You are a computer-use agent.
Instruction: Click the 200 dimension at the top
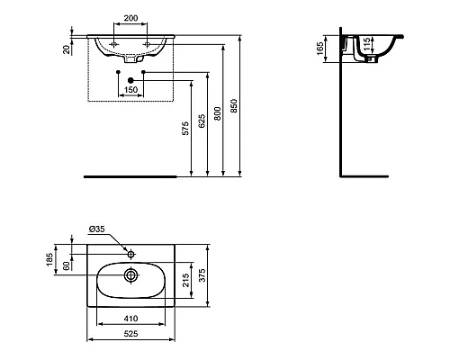click(131, 18)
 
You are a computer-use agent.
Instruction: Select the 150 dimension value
click(130, 89)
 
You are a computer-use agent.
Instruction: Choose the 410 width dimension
click(131, 318)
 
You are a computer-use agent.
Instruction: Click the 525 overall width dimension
click(131, 333)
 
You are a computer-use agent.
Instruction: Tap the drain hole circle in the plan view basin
click(132, 275)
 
